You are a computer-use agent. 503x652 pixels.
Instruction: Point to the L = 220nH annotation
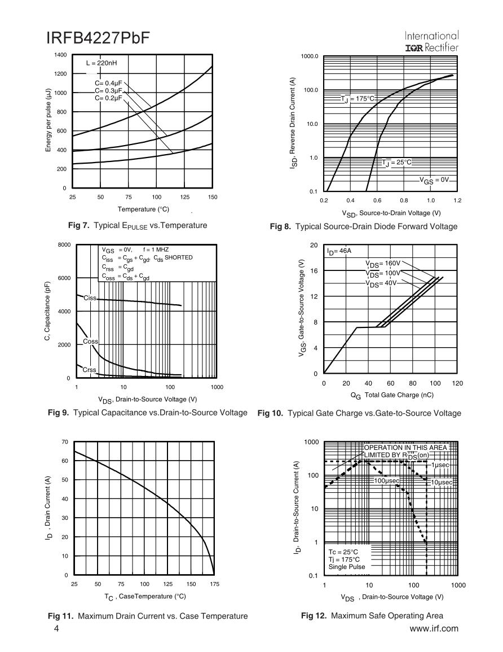pyautogui.click(x=102, y=64)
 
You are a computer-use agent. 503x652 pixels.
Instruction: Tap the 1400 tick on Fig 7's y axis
pyautogui.click(x=60, y=55)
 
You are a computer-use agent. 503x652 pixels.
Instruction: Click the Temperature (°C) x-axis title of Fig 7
pyautogui.click(x=143, y=209)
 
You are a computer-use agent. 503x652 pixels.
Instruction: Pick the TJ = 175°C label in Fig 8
pyautogui.click(x=358, y=99)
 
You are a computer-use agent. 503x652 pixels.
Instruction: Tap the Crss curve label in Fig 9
pyautogui.click(x=90, y=370)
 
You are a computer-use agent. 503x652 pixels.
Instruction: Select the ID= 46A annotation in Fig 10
pyautogui.click(x=339, y=250)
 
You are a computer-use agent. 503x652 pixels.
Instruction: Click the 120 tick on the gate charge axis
pyautogui.click(x=457, y=383)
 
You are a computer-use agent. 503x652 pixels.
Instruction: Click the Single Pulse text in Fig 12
pyautogui.click(x=347, y=567)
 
